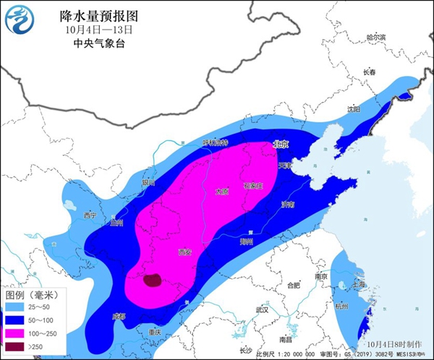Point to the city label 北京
pyautogui.click(x=280, y=145)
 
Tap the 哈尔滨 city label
pyautogui.click(x=376, y=37)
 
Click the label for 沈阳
pyautogui.click(x=353, y=110)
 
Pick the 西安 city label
pyautogui.click(x=185, y=252)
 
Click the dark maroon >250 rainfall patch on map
pyautogui.click(x=152, y=280)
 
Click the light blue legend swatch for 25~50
pyautogui.click(x=15, y=308)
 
